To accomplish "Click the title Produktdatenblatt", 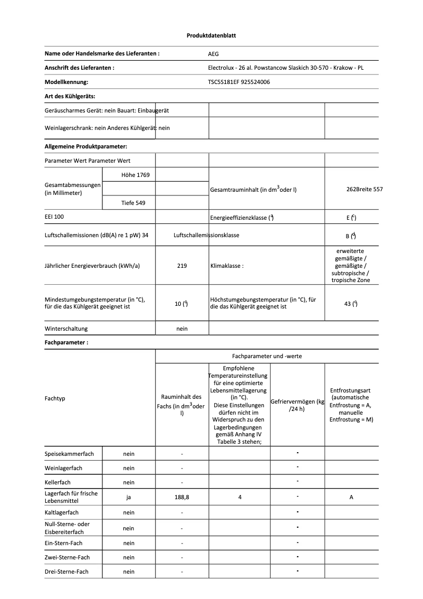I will point(211,35).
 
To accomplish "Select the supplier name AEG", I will point(213,54).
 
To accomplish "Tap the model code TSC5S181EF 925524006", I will point(239,82).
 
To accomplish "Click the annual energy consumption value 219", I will point(182,266).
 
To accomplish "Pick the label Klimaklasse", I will point(227,266).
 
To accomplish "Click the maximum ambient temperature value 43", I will point(351,303).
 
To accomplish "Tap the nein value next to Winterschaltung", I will point(182,329).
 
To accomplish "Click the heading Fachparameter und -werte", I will point(267,356).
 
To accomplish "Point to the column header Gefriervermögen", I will point(297,405).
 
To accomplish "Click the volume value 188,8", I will point(182,497).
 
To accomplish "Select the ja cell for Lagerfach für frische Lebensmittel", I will point(129,497).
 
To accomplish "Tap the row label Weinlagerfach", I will point(63,468).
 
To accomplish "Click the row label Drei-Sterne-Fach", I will point(66,572).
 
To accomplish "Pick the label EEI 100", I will point(54,217).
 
